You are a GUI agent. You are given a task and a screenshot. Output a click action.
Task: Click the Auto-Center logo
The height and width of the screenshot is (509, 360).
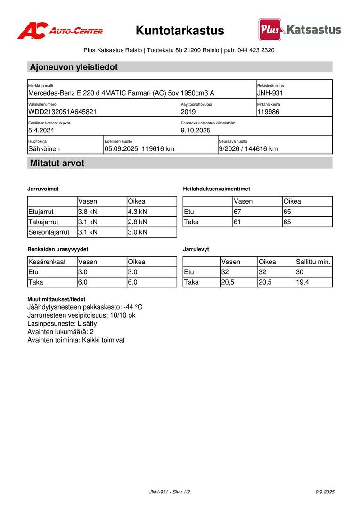coord(60,31)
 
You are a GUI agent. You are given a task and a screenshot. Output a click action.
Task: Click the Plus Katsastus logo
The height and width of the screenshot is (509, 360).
coord(300,30)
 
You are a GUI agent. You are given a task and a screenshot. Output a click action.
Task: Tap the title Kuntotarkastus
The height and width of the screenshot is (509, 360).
coord(180,31)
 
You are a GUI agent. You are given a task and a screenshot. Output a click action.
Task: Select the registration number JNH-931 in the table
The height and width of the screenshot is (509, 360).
coord(270,93)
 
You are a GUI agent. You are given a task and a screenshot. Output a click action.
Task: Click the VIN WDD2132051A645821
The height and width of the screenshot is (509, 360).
coord(63,112)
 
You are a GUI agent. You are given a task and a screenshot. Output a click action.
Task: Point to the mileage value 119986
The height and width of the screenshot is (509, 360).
coord(269,112)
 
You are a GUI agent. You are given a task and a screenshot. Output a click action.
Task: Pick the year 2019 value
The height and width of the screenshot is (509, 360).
coord(188,112)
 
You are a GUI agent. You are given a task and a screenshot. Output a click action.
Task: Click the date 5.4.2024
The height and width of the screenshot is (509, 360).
coord(41,130)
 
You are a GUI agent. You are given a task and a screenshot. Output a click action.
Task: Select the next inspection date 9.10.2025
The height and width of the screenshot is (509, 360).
coord(196,130)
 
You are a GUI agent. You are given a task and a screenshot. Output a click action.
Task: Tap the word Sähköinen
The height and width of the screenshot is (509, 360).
coord(44,148)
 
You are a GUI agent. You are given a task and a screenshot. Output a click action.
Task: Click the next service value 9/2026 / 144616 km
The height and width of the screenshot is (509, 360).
coord(248,148)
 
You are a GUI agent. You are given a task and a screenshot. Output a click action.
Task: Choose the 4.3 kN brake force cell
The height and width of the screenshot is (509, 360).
coord(138,212)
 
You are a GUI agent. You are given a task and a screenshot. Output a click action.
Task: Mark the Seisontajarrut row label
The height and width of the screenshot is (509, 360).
coord(49,232)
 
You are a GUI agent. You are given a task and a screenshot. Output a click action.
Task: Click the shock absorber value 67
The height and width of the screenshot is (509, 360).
coord(237,212)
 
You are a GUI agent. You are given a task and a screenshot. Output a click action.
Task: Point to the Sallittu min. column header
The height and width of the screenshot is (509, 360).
coord(313,262)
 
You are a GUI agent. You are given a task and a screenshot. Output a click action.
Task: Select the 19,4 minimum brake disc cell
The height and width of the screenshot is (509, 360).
coord(303,282)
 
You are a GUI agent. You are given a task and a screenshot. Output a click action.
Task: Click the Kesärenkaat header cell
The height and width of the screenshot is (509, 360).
coord(47,262)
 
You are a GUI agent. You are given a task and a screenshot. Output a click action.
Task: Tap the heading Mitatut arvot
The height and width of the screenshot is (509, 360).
coord(57,164)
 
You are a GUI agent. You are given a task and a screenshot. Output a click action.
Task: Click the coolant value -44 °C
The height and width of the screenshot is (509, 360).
coord(133,307)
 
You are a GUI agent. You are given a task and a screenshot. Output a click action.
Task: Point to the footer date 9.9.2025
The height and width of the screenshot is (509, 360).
coord(325,492)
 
